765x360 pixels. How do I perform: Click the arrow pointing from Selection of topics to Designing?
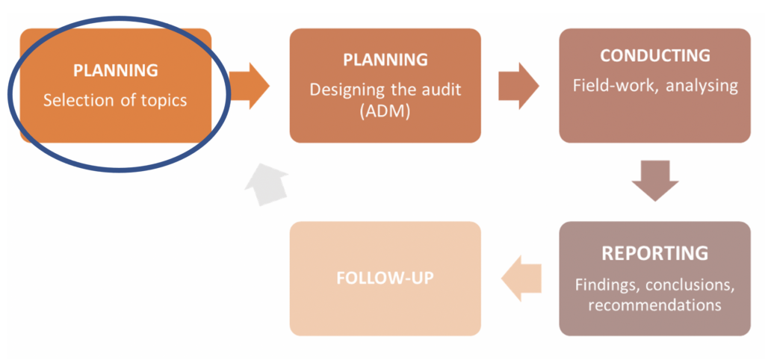tap(249, 84)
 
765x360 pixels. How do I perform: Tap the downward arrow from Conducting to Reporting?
tap(655, 181)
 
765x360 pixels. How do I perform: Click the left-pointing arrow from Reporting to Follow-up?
tap(521, 278)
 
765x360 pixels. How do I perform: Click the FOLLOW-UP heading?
tap(385, 278)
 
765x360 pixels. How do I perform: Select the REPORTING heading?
tap(654, 252)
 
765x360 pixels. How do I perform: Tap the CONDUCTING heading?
tap(654, 57)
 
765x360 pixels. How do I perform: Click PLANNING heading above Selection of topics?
tap(115, 70)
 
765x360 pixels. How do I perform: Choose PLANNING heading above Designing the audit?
tap(385, 59)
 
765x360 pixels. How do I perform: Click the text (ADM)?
tap(385, 110)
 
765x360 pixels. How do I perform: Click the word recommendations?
tap(654, 305)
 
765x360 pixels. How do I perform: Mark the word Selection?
tap(73, 99)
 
